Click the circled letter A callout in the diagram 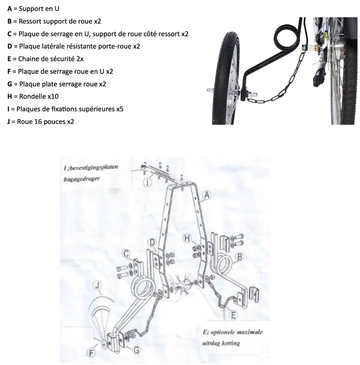tap(207, 195)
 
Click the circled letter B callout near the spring tap(240, 257)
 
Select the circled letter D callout tap(152, 243)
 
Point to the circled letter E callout tap(232, 315)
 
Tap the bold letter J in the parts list tap(8, 122)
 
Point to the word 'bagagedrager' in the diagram tap(82, 179)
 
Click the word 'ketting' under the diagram tap(230, 343)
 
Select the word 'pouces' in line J tap(54, 122)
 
